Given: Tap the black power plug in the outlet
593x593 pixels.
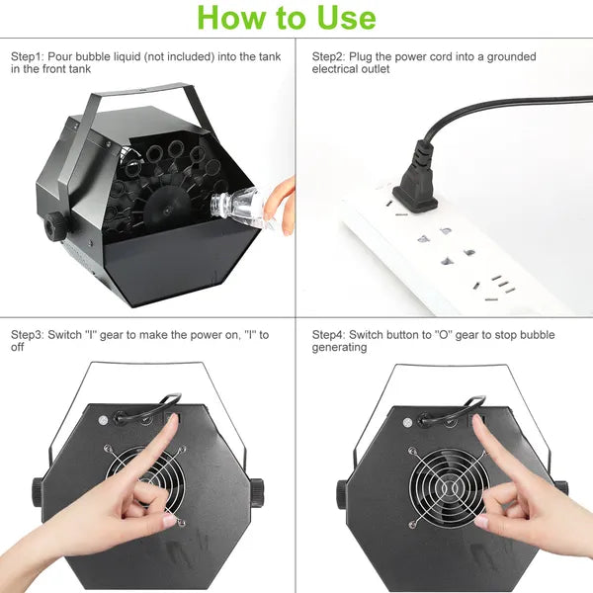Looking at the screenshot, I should tap(416, 178).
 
